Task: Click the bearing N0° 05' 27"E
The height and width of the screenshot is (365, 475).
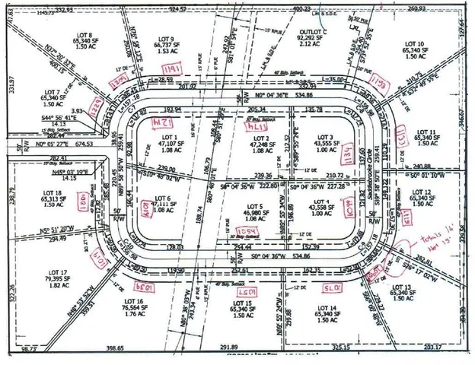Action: point(53,142)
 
